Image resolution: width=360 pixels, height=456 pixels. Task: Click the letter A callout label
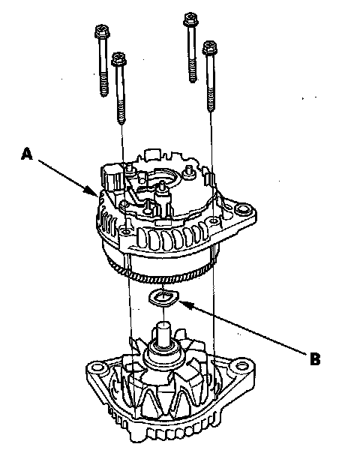27,154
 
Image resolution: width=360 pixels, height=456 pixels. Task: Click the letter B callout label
315,358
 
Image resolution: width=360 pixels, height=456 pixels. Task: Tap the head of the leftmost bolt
102,31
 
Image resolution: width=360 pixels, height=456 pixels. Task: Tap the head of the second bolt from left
119,58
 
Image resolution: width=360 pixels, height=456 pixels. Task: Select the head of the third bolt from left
190,19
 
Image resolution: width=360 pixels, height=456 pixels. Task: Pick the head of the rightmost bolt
210,46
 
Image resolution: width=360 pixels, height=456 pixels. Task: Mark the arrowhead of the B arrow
185,304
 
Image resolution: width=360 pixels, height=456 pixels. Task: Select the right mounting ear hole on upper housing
242,209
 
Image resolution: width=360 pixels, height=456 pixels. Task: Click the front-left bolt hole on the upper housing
126,231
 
